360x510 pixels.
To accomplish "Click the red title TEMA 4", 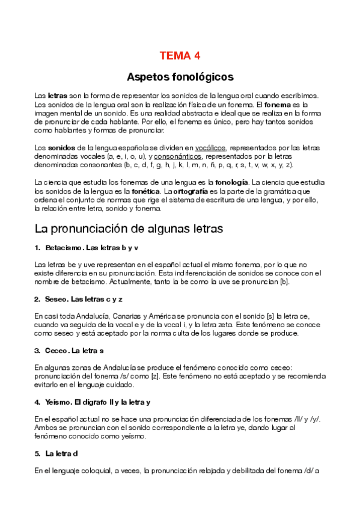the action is coord(180,56).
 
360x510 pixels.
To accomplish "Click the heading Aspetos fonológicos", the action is coord(180,77).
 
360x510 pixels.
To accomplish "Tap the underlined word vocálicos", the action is coord(210,147).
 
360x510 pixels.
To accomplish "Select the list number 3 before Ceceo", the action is coord(37,351).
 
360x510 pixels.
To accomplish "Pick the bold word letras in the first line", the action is coord(57,96).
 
